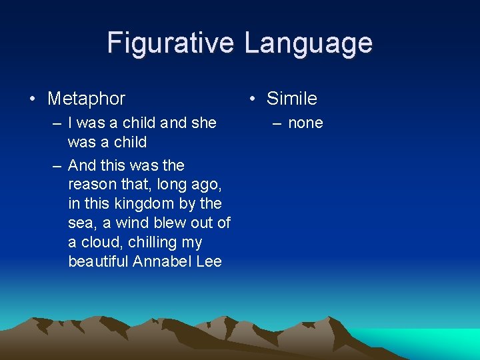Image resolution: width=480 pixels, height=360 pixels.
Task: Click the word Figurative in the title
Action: [x=171, y=43]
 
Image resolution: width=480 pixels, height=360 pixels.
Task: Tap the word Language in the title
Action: [x=308, y=43]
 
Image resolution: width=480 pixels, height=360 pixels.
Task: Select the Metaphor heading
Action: [x=86, y=99]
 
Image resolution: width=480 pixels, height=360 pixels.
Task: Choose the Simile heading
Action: [x=291, y=99]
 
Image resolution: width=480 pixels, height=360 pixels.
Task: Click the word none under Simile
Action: [x=305, y=123]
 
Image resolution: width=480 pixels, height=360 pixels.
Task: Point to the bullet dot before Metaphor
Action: [x=33, y=99]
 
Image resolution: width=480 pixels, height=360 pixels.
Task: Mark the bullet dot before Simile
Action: [x=252, y=99]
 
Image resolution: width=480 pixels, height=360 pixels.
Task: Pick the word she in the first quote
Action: [x=204, y=123]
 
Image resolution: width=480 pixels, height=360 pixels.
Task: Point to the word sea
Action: [x=81, y=223]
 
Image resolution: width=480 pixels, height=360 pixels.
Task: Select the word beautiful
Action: [x=98, y=261]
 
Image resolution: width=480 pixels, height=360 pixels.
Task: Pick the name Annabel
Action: [x=162, y=261]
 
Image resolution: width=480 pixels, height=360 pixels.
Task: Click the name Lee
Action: [x=209, y=261]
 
